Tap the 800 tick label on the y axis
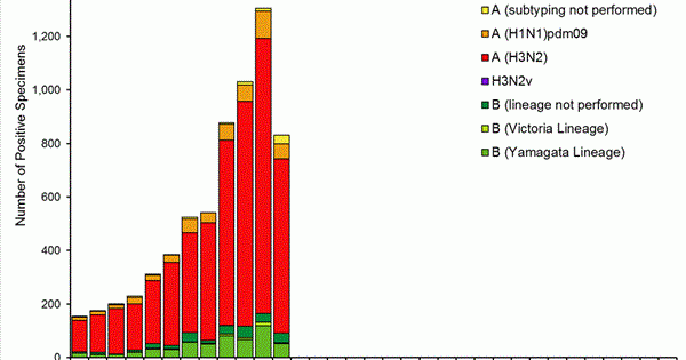53,143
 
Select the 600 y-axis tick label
53,197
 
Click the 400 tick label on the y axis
53,250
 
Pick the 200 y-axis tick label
53,304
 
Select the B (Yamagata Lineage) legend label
553,153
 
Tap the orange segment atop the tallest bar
263,25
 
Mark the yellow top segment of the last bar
281,139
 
